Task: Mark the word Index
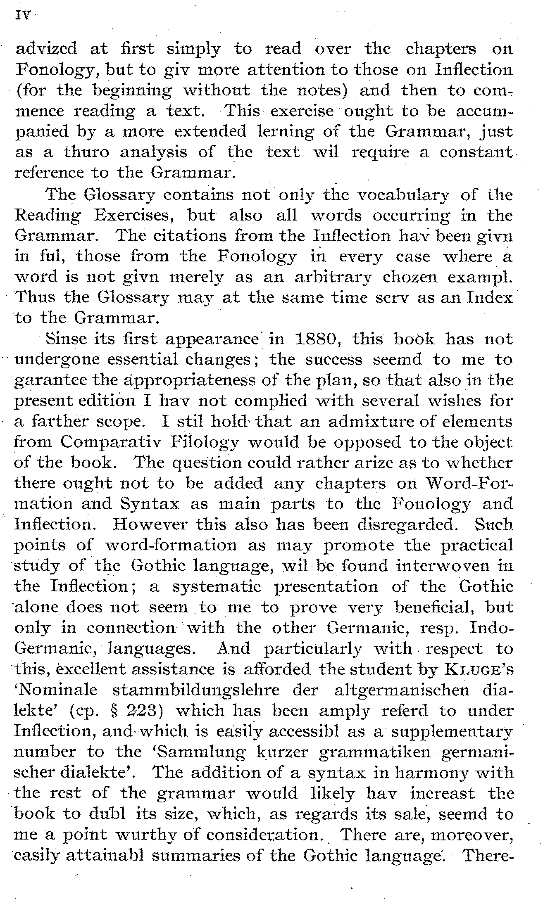pos(489,298)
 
